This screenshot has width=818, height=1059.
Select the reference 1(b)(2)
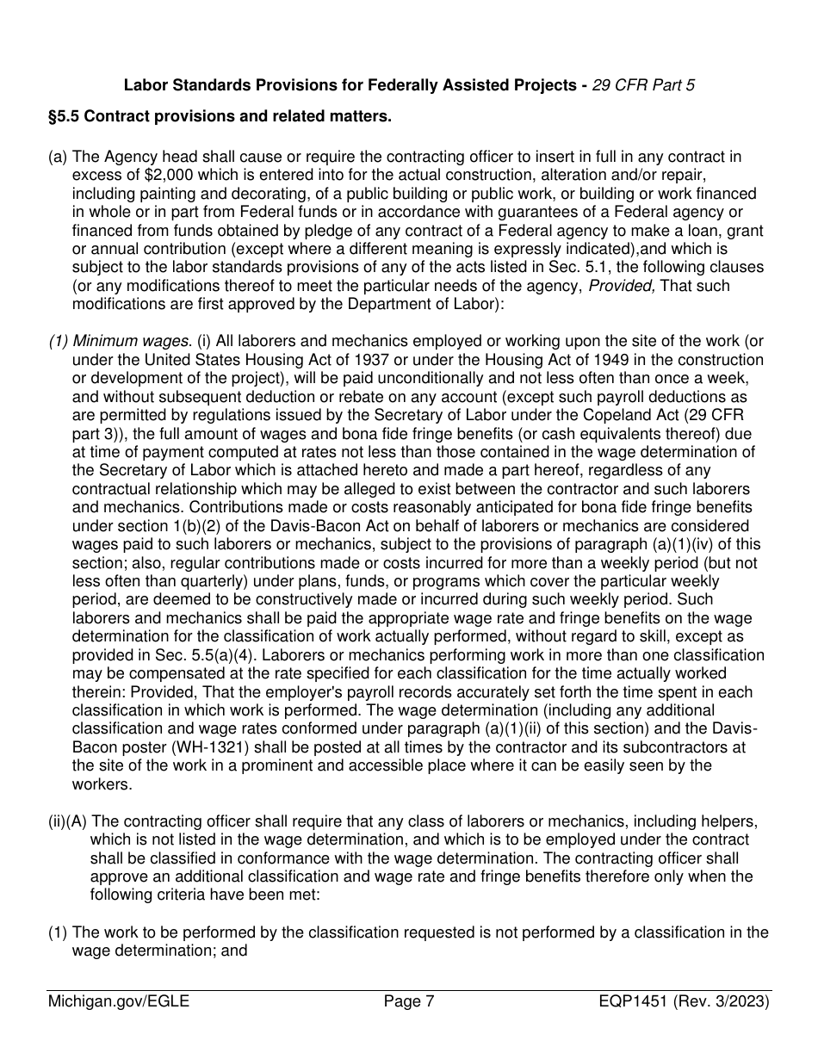206,526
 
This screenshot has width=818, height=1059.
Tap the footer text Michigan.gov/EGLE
119,1001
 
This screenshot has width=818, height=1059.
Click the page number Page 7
409,1001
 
